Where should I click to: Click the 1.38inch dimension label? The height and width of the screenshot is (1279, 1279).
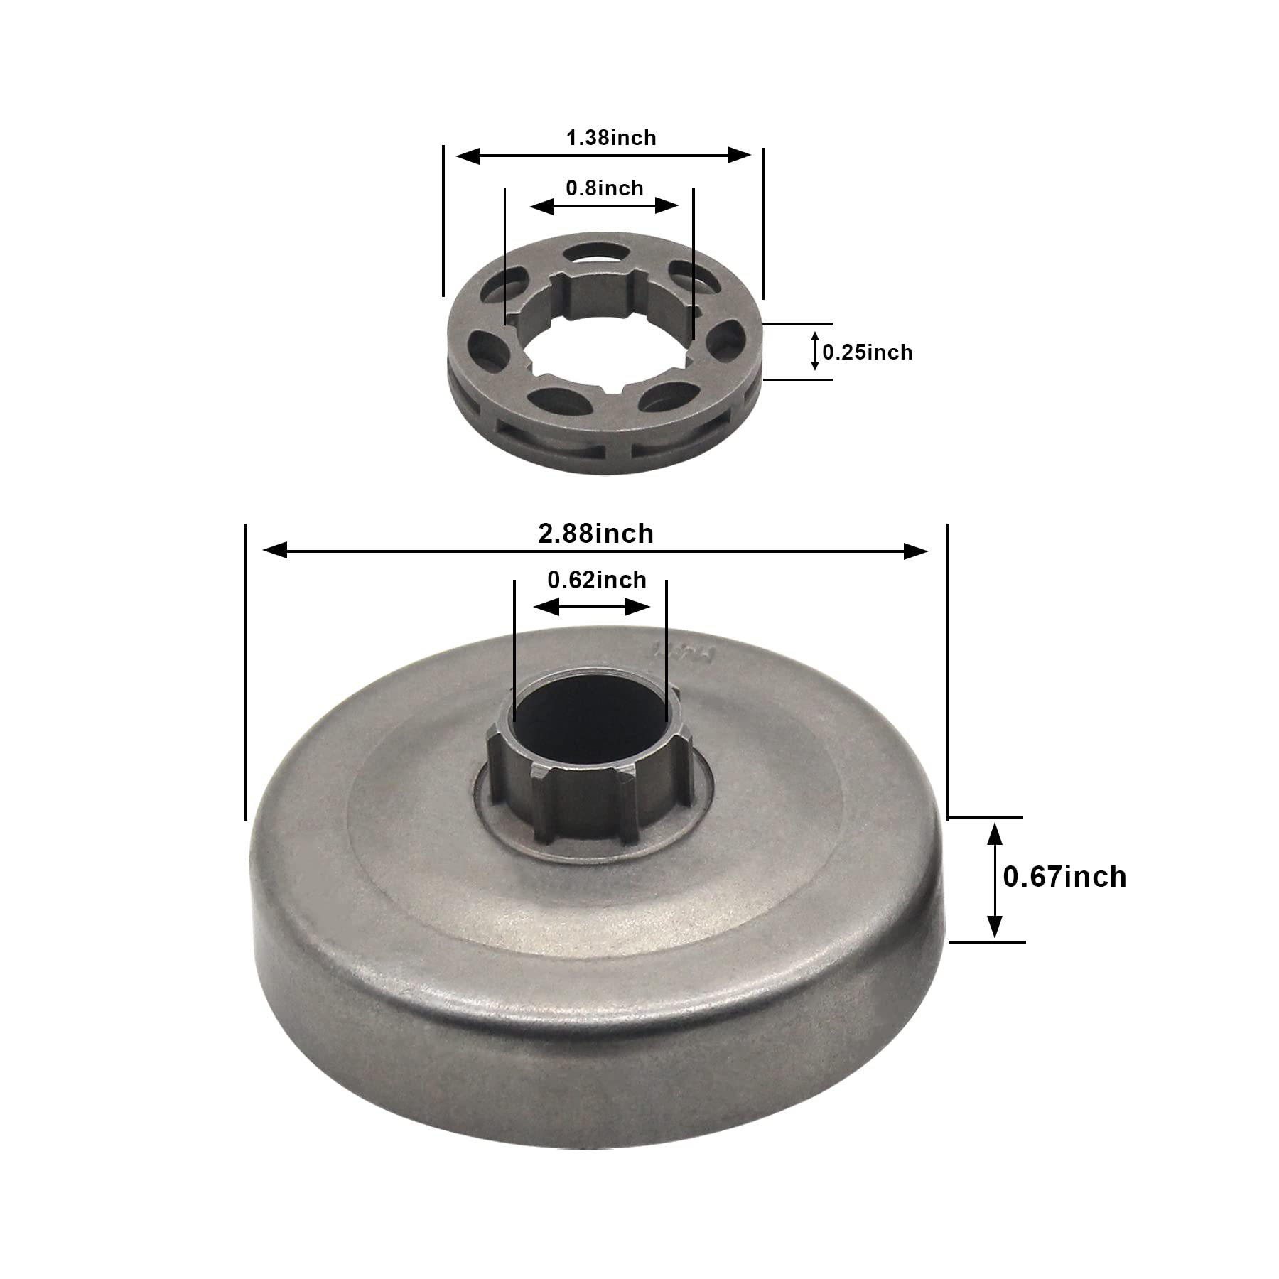point(611,137)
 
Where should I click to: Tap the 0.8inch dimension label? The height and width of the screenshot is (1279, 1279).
point(605,188)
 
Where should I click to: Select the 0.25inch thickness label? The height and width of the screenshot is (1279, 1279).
point(868,352)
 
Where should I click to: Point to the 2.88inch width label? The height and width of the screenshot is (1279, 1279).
point(595,534)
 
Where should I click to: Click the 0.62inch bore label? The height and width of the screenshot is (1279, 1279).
point(597,580)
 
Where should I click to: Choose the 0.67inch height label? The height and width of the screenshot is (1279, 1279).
point(1064,877)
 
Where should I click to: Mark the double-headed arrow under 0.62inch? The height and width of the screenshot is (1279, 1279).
point(592,608)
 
